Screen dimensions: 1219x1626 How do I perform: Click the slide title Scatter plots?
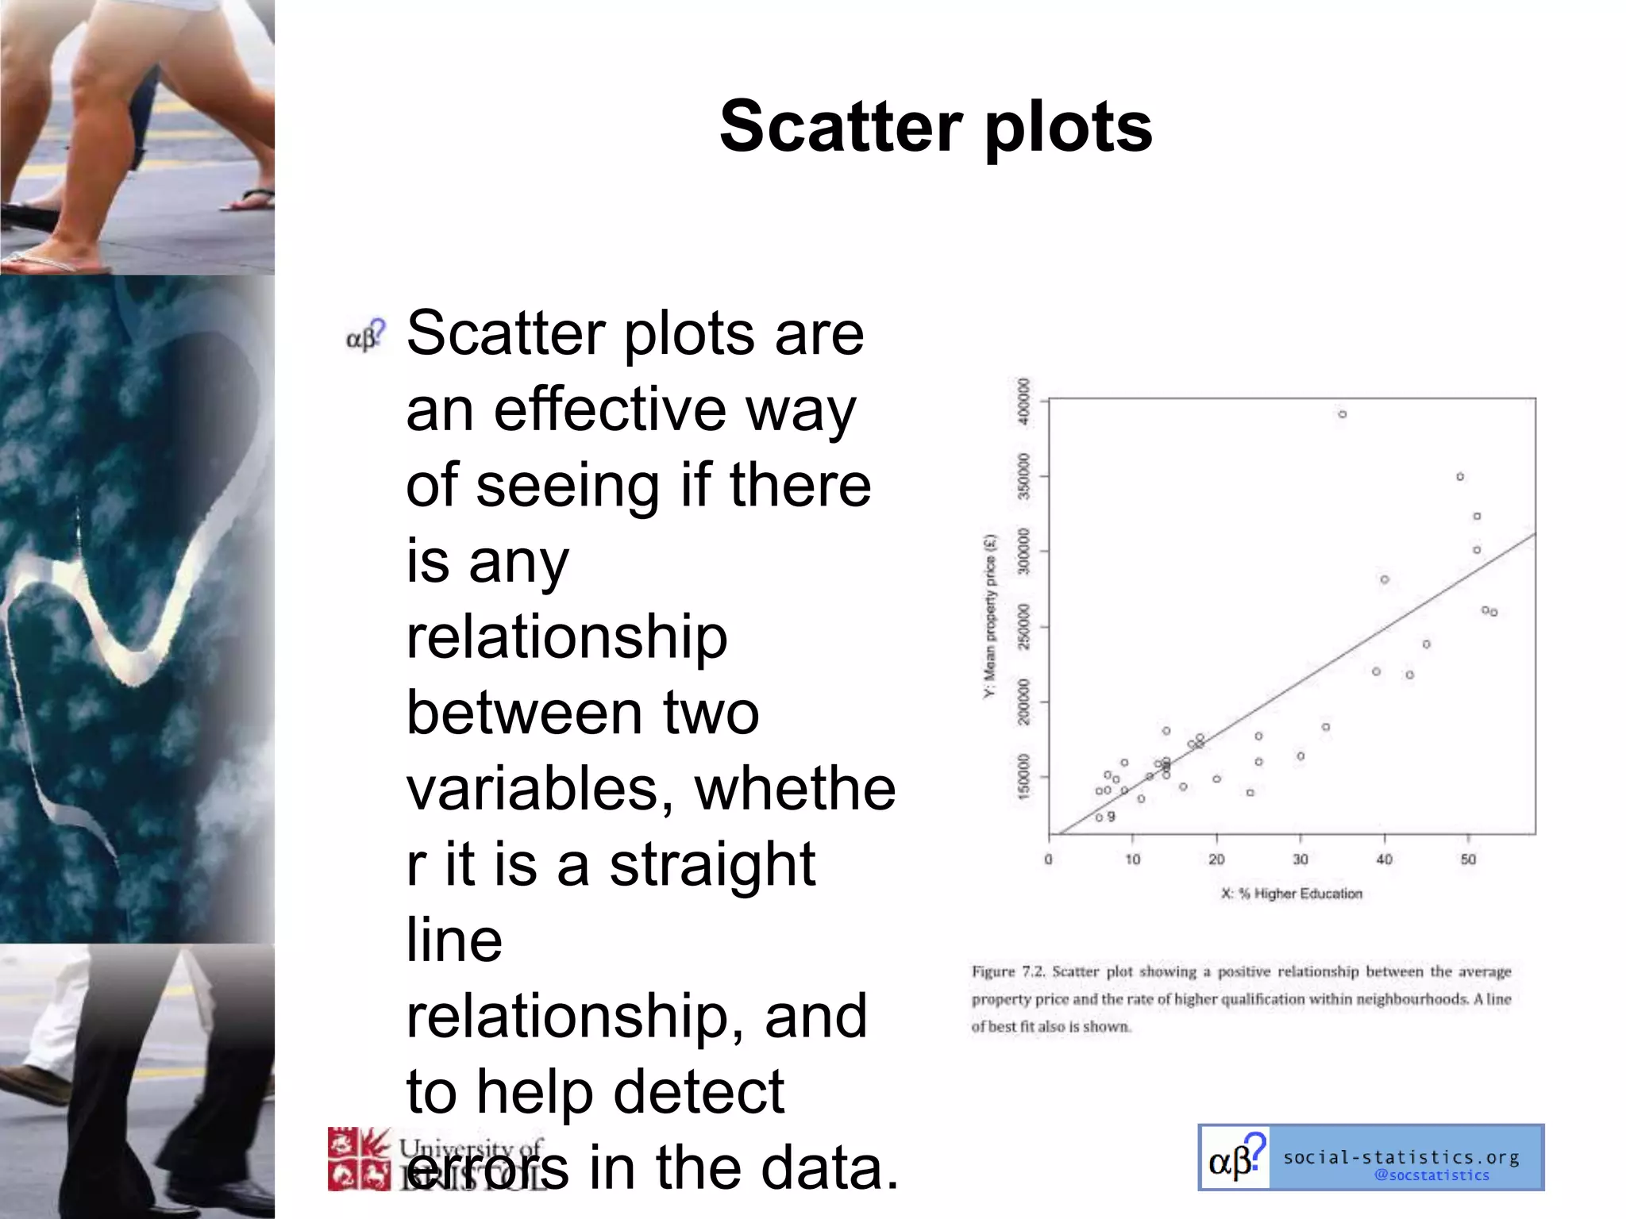[935, 127]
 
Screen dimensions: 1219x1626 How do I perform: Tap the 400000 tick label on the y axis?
[1024, 402]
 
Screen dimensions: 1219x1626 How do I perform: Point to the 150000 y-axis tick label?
[1024, 776]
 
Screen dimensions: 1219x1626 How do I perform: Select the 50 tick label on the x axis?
[1468, 859]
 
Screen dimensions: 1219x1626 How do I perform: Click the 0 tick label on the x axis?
[1048, 859]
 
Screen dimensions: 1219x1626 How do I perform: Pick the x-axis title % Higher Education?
[1293, 894]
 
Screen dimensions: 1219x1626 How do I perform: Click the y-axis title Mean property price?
[989, 617]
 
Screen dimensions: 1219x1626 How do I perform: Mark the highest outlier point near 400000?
[1342, 414]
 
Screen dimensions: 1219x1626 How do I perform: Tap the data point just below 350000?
[1460, 477]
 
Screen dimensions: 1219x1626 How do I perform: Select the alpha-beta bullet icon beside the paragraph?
[365, 336]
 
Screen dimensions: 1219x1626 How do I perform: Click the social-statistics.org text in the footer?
[1401, 1157]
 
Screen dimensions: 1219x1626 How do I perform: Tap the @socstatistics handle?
[1431, 1175]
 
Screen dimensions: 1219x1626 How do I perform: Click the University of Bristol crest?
[359, 1159]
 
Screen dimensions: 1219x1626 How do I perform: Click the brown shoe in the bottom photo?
[36, 1083]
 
